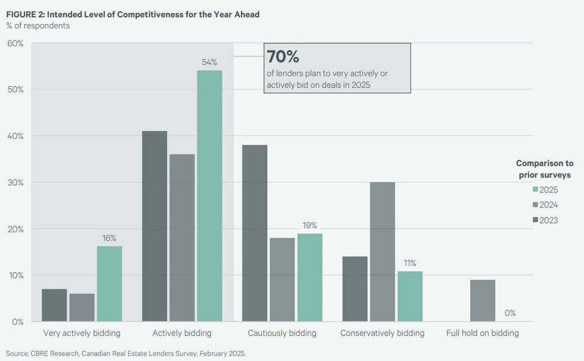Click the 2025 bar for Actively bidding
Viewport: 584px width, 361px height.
(x=210, y=196)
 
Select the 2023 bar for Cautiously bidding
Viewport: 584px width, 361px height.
(x=254, y=233)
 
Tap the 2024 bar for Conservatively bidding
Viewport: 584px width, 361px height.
(x=382, y=251)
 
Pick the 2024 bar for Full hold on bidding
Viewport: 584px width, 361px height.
(x=482, y=300)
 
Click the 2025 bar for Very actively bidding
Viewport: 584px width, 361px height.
(x=109, y=284)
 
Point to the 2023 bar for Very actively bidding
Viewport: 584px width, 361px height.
(x=54, y=305)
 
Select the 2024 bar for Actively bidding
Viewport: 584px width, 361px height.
(x=182, y=238)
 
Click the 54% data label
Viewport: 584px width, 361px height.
(x=210, y=62)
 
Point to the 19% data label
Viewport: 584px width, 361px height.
(x=310, y=225)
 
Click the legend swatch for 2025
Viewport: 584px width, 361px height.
(x=535, y=190)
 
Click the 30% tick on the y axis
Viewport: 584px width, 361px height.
(x=15, y=182)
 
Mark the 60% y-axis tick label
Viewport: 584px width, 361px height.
(x=15, y=43)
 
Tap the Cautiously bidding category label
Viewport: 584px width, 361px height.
(x=282, y=333)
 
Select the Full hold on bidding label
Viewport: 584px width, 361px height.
(x=482, y=333)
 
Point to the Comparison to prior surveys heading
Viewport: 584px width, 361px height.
(x=544, y=169)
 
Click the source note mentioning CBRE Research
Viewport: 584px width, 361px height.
(x=126, y=353)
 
